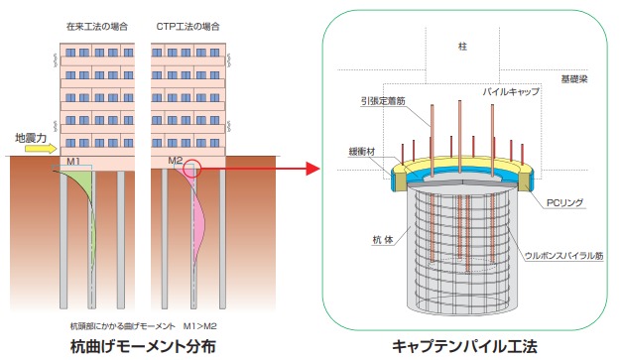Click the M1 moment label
tap(74, 161)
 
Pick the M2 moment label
tap(175, 161)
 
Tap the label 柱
tap(461, 47)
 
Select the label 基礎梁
tap(574, 75)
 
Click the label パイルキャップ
tap(511, 91)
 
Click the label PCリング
tap(564, 203)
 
